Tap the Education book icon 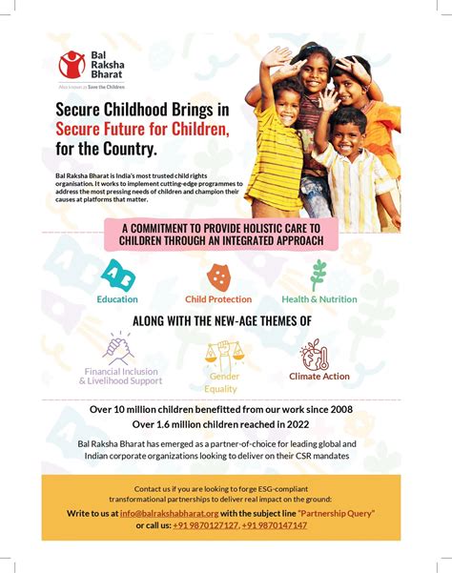(117, 276)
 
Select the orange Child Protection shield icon (218, 276)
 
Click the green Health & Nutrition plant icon (318, 275)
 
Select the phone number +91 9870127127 (208, 525)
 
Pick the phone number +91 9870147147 (274, 525)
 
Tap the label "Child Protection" (218, 299)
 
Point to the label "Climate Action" (319, 377)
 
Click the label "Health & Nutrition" (320, 299)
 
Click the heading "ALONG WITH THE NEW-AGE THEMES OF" (221, 321)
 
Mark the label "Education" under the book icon (117, 299)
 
